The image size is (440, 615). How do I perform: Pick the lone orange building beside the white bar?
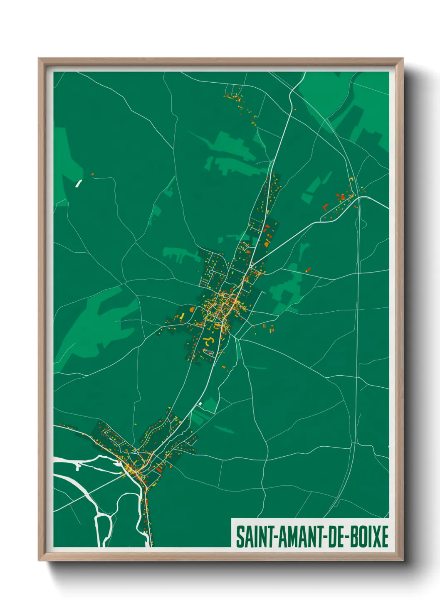(x=92, y=175)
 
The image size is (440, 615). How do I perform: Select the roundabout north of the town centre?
(x=251, y=264)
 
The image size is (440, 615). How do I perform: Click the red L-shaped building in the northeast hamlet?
(x=326, y=206)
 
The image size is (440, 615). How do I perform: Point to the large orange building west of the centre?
(x=191, y=309)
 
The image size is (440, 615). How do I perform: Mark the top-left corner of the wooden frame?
(x=39, y=59)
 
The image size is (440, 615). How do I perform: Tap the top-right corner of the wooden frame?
(x=403, y=59)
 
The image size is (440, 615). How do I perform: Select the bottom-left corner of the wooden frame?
(x=39, y=561)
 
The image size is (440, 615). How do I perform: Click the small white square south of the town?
(x=200, y=403)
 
